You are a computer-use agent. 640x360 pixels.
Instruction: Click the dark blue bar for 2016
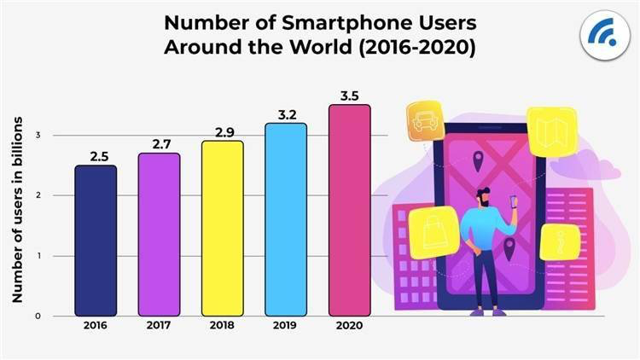tap(96, 241)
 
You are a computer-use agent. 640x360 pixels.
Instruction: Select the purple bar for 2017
tap(159, 235)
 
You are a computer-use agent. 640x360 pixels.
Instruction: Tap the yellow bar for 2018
tap(222, 229)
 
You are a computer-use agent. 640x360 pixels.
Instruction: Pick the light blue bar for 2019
tap(285, 219)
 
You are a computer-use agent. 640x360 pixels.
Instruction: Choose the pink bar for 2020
tap(349, 210)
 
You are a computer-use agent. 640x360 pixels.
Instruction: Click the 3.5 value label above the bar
tap(349, 96)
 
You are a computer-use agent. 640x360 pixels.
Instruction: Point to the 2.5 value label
tap(96, 156)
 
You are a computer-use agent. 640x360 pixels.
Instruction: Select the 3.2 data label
tap(285, 113)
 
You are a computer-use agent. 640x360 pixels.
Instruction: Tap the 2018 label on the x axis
tap(222, 327)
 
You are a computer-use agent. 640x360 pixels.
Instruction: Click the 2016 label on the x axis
tap(96, 327)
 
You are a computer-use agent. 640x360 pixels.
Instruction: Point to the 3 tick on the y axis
tap(37, 136)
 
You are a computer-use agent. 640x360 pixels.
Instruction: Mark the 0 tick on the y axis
tap(37, 316)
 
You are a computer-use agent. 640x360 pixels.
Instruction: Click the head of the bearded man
tap(484, 195)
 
